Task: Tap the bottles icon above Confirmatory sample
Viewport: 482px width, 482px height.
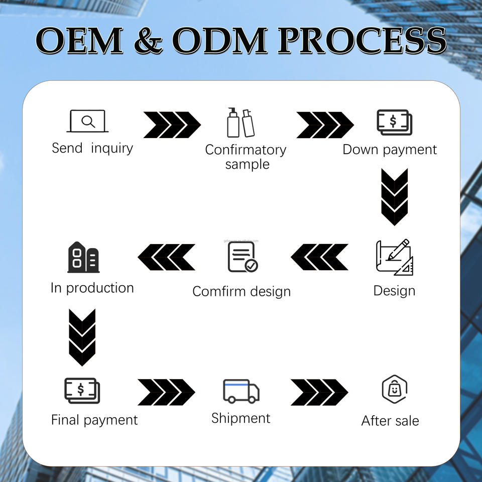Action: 240,123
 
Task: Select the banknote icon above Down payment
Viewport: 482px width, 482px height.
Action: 395,122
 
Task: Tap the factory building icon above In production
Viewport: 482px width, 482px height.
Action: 83,257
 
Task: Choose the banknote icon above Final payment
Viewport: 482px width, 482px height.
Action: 82,391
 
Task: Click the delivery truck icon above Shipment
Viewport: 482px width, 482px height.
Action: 241,391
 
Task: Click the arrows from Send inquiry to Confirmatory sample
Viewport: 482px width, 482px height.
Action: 172,125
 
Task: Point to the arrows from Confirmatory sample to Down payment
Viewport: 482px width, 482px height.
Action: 325,125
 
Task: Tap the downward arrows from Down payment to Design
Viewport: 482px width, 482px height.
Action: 394,197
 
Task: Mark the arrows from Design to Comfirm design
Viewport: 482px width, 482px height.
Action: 319,257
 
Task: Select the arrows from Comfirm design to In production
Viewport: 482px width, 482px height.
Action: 166,257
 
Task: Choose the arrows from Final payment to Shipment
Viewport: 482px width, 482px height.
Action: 166,392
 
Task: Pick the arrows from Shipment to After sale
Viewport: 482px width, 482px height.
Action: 319,392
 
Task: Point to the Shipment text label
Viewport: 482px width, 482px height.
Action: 240,418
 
